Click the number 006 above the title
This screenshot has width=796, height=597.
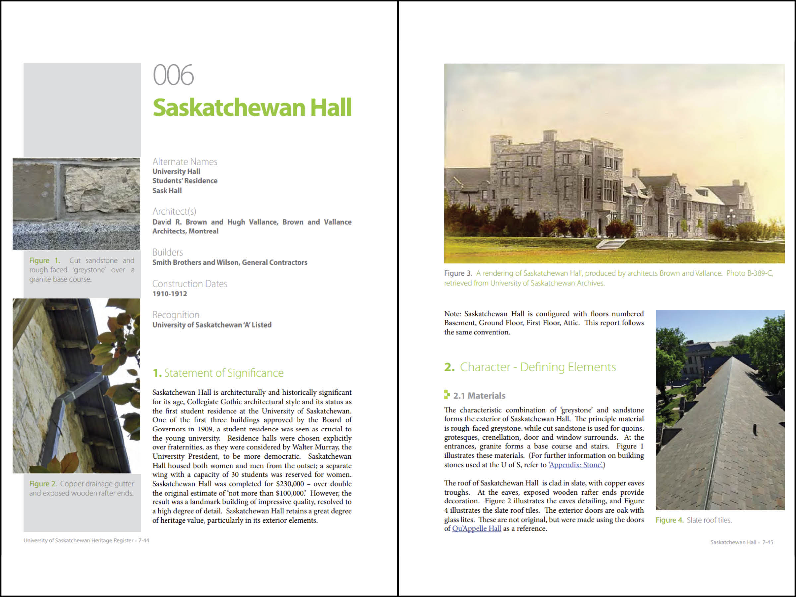pos(173,75)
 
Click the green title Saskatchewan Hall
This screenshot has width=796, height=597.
pos(252,107)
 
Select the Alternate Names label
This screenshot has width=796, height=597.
pos(185,162)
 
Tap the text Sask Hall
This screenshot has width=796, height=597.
pos(167,191)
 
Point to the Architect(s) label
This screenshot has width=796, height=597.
pos(174,211)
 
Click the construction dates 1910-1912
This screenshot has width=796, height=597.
pos(169,294)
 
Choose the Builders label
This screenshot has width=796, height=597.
pos(168,252)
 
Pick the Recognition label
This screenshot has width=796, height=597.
pos(175,315)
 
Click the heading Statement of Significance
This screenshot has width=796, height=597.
pos(224,373)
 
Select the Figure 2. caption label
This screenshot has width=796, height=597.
pos(43,484)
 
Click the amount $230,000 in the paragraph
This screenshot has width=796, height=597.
pos(290,484)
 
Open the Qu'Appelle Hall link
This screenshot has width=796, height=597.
pos(477,529)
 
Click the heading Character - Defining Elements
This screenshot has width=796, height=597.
pos(538,367)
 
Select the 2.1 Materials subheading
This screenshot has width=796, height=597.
pos(479,396)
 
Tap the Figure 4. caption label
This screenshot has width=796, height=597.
pos(669,520)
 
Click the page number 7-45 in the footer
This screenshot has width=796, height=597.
pos(767,542)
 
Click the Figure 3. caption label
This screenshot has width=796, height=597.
pos(458,274)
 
